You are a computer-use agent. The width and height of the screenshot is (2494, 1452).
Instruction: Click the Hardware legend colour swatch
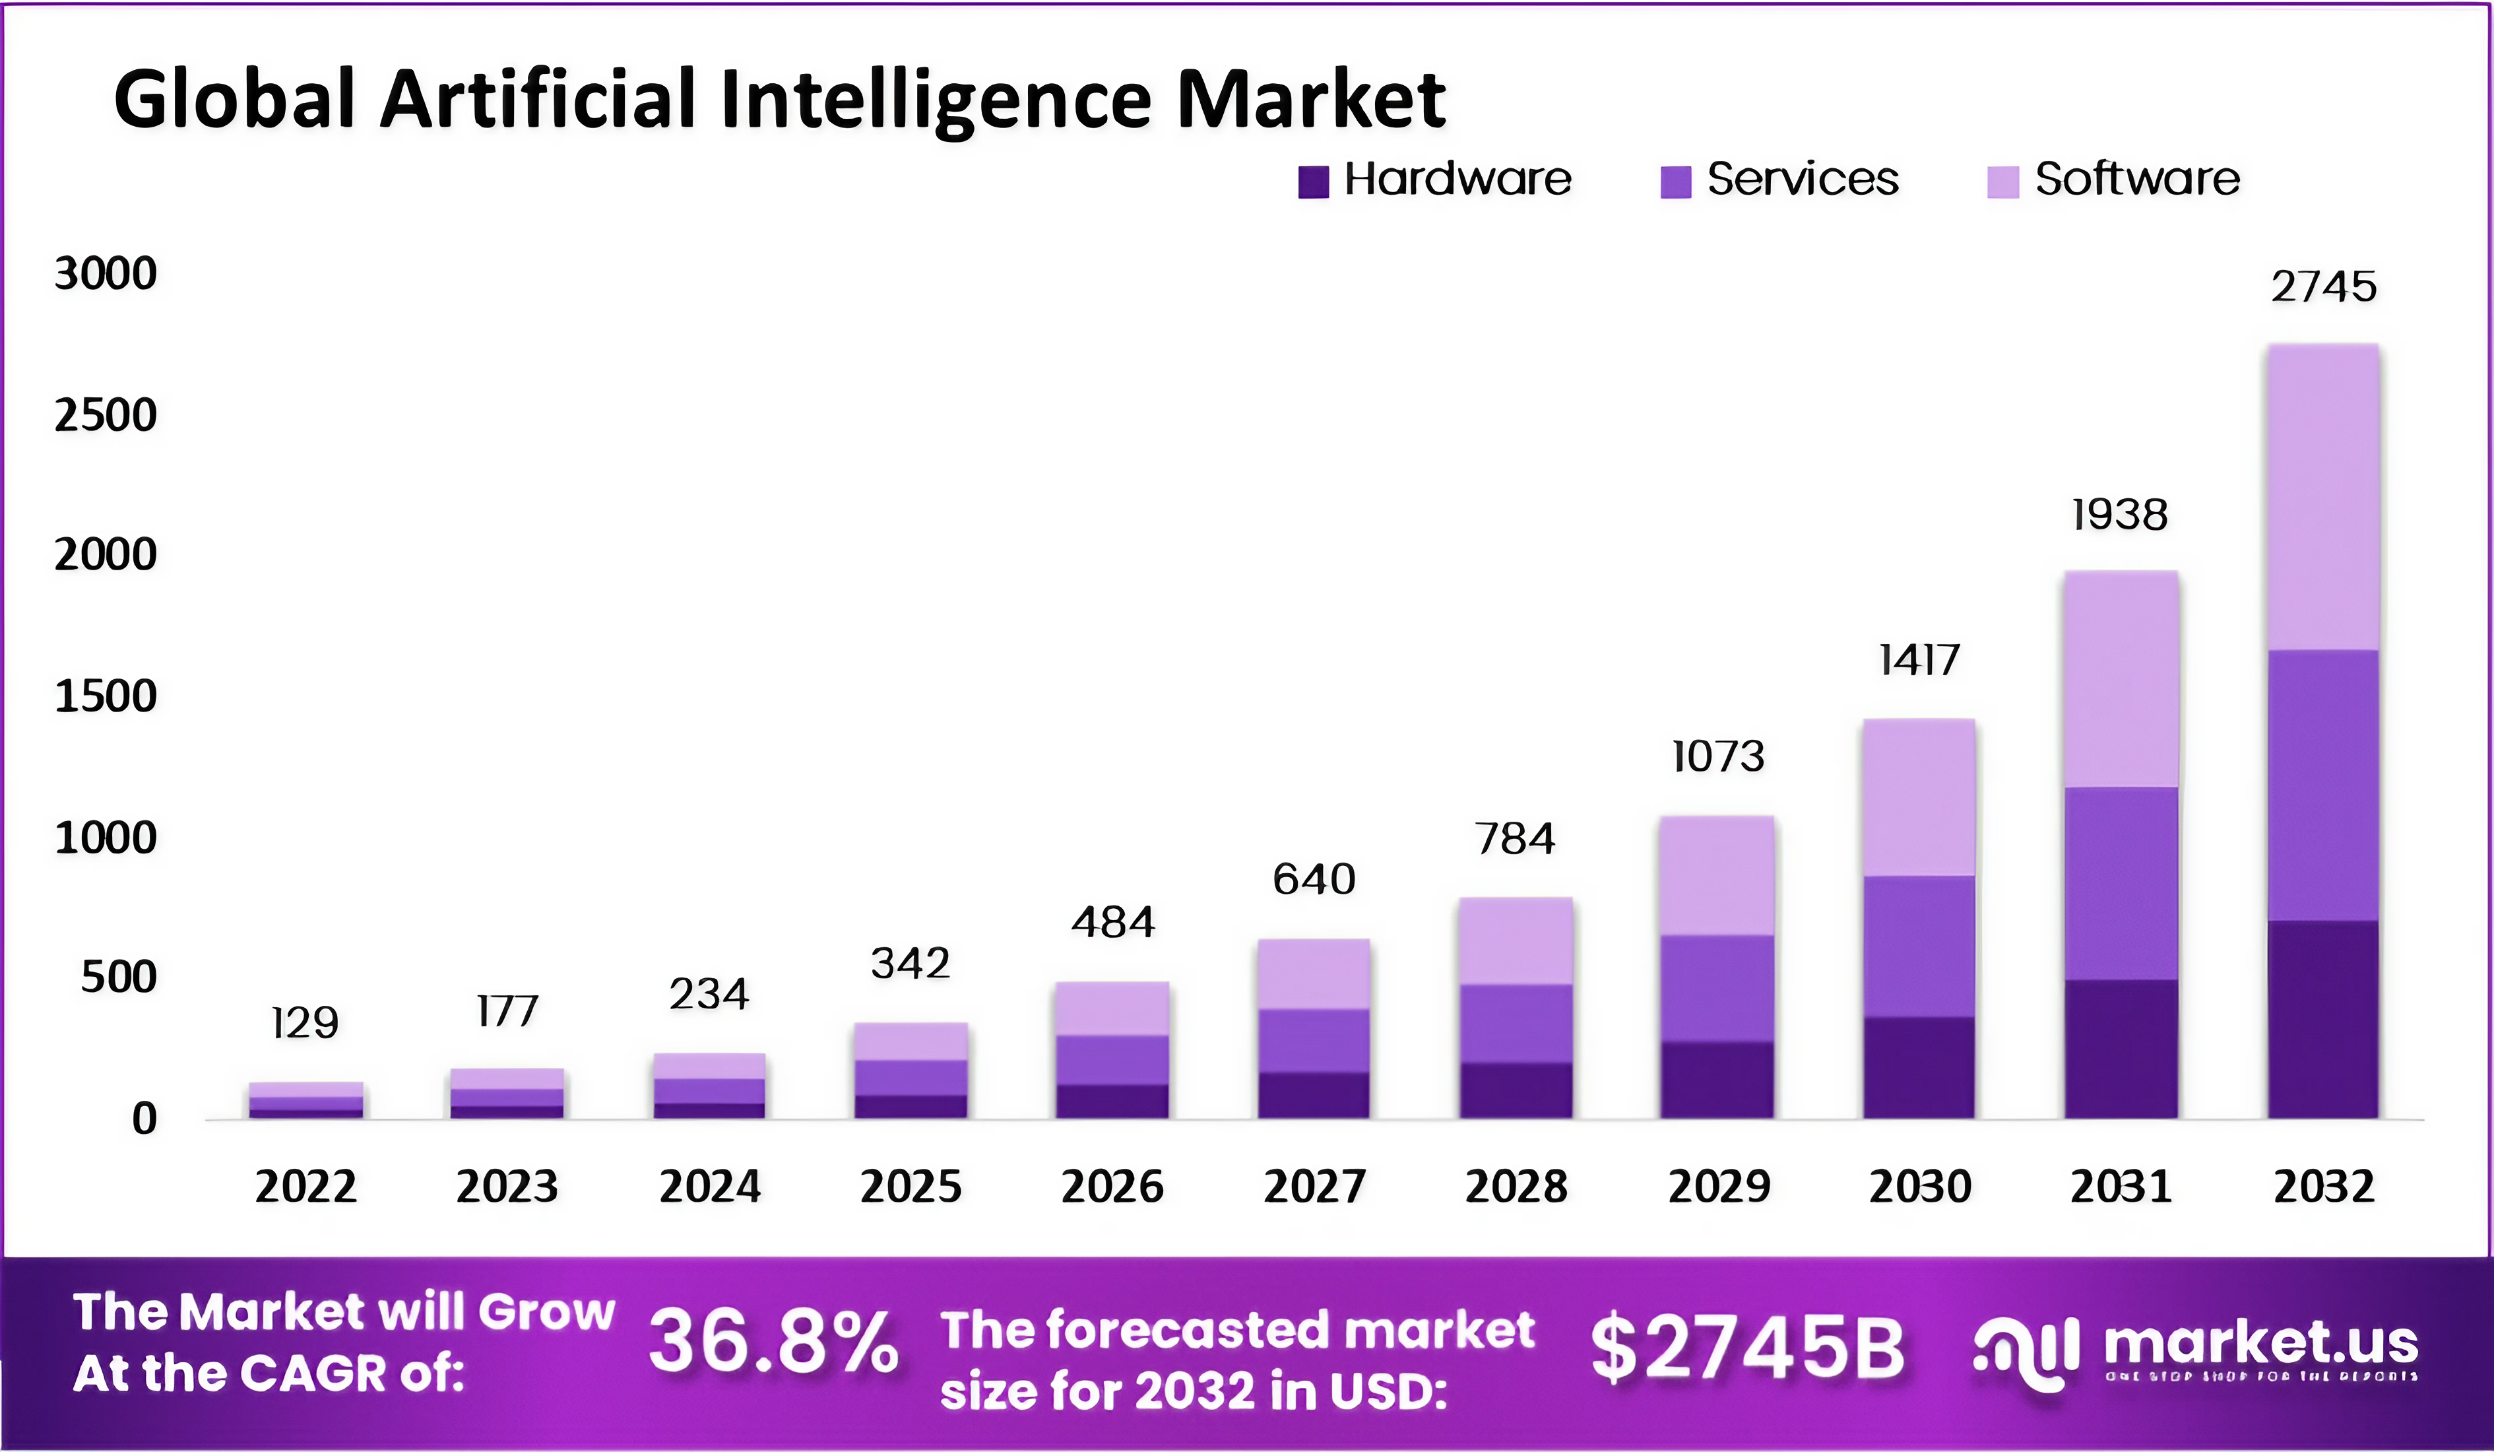coord(1312,182)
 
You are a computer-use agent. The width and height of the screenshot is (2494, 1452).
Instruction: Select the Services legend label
coord(1803,179)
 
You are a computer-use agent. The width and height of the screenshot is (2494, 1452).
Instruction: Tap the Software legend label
coord(2136,179)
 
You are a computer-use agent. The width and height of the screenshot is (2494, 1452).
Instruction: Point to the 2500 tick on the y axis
coord(105,414)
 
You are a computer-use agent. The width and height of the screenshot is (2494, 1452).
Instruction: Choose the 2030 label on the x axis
coord(1919,1186)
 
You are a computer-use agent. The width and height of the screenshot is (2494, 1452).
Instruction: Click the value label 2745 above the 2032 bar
coord(2322,287)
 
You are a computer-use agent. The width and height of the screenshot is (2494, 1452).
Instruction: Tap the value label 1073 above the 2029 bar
coord(1717,757)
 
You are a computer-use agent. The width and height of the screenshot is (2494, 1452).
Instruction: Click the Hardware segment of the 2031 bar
coord(2121,1049)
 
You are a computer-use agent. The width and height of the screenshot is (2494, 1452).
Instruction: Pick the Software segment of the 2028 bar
coord(1515,940)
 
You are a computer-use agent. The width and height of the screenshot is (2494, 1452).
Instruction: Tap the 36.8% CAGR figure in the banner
coord(773,1343)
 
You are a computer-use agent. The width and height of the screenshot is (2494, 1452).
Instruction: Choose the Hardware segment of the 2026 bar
coord(1112,1101)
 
